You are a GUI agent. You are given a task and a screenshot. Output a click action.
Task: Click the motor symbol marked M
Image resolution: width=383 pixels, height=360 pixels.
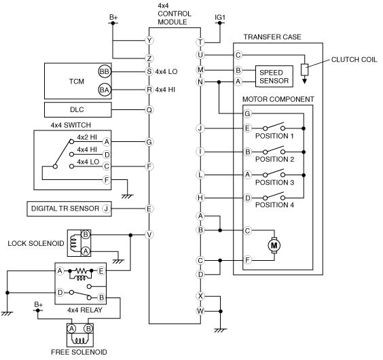coord(274,245)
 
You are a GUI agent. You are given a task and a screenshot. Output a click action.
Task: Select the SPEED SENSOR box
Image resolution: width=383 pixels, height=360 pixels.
coord(274,76)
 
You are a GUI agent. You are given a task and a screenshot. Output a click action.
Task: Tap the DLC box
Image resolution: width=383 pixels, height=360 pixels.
coord(78,110)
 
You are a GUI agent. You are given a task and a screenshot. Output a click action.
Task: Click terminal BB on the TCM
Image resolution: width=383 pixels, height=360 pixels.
coord(105,71)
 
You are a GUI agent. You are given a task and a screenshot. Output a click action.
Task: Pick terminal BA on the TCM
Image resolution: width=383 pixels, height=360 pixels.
coord(105,90)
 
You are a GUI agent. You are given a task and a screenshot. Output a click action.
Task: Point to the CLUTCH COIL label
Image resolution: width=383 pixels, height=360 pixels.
coord(354,60)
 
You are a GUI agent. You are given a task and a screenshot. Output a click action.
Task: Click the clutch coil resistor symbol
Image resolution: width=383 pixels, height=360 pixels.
coord(304,70)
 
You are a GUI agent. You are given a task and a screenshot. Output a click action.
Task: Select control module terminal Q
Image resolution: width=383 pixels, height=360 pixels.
coord(149,110)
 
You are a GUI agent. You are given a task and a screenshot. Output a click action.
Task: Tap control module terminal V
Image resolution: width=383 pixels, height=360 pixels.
coord(149,235)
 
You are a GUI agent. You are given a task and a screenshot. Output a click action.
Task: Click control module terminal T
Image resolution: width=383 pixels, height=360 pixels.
coord(200,42)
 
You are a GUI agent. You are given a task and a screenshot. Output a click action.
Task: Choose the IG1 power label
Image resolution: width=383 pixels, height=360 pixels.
coord(220,18)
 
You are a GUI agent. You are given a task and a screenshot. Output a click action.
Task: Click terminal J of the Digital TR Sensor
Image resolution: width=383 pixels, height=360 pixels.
coord(106,209)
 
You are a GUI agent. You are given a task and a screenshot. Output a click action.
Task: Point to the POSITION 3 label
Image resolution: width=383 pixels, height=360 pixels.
coord(274,182)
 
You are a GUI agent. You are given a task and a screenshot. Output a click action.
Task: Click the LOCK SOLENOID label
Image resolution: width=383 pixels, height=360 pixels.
coord(36,243)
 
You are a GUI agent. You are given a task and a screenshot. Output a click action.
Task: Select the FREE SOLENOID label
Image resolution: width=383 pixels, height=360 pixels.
coord(79,352)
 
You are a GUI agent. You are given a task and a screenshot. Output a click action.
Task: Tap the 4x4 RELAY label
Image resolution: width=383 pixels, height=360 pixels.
coord(85,310)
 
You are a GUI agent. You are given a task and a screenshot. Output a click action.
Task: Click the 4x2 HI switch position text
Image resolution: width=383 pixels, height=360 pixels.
coord(87,137)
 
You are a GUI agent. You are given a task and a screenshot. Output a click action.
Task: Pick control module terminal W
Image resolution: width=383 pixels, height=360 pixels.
coord(200,311)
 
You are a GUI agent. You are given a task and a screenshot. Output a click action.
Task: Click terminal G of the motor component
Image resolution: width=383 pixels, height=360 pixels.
coord(247,113)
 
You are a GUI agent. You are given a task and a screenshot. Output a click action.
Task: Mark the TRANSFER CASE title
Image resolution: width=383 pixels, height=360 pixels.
coord(272,37)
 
